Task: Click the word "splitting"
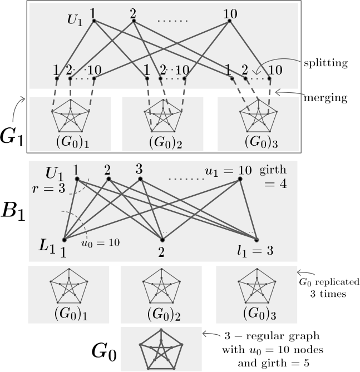tap(326, 63)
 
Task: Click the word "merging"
tap(326, 98)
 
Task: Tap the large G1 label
tap(12, 138)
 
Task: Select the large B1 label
tap(13, 211)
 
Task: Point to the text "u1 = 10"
tap(228, 170)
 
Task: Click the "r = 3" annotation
tap(48, 189)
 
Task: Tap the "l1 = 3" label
tap(255, 251)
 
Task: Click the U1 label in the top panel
tap(75, 20)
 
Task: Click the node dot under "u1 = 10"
tap(240, 179)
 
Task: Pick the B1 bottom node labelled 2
tap(162, 240)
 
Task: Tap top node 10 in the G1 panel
tap(229, 21)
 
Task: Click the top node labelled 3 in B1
tap(140, 179)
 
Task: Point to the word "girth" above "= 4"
tap(273, 170)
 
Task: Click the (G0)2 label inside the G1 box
tap(165, 142)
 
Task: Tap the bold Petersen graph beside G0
tap(161, 349)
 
